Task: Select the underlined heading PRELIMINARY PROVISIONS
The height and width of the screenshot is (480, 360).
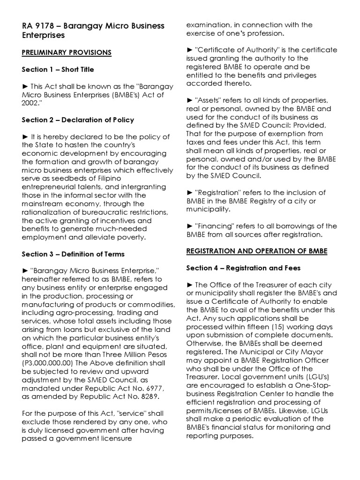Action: click(67, 52)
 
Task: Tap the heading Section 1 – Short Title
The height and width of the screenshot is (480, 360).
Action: click(58, 69)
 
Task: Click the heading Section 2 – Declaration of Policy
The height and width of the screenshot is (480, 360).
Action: click(78, 120)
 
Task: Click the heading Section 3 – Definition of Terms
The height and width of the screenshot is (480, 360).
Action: click(73, 254)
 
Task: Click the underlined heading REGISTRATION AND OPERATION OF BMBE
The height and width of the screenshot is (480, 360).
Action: click(257, 251)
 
